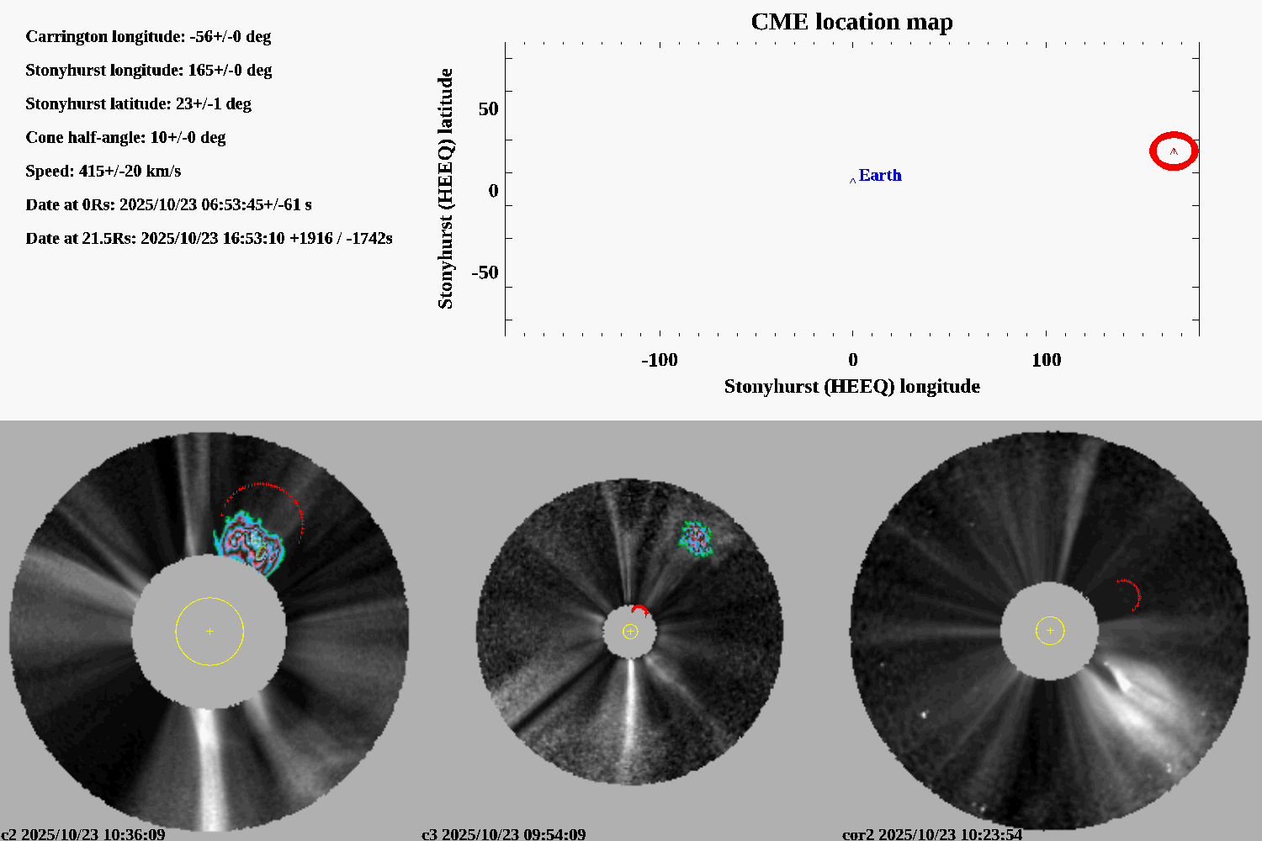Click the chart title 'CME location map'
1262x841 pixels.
click(x=851, y=22)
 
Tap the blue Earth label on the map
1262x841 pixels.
click(x=879, y=175)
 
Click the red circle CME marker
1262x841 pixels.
click(x=1174, y=151)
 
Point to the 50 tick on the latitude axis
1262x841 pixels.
click(x=488, y=109)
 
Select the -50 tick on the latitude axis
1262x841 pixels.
click(x=485, y=272)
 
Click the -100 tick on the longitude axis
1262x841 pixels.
click(x=659, y=360)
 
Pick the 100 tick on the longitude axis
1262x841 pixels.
click(x=1046, y=360)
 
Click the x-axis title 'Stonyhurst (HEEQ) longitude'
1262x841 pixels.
click(x=851, y=386)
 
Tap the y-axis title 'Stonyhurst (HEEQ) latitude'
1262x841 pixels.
click(x=445, y=188)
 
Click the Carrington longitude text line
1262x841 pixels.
click(x=148, y=36)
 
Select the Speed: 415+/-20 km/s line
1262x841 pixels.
click(x=103, y=171)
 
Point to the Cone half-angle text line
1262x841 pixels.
click(x=125, y=137)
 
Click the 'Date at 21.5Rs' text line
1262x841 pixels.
click(x=209, y=238)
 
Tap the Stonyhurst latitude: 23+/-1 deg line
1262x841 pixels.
click(x=138, y=103)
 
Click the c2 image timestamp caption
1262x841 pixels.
click(x=83, y=834)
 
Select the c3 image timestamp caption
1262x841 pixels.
click(x=503, y=834)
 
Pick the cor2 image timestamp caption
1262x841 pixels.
click(x=932, y=834)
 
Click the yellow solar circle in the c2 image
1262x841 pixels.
click(x=209, y=631)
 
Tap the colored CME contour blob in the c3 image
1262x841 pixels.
click(x=696, y=538)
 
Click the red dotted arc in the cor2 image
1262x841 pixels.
click(x=1132, y=591)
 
